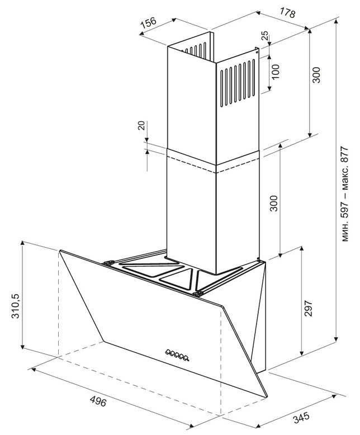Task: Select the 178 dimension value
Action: (x=287, y=12)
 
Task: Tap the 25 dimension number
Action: (x=265, y=36)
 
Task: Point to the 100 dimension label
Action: (x=276, y=72)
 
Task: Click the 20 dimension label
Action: (x=141, y=126)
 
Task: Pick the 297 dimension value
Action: (x=309, y=308)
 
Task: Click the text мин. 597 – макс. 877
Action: (x=344, y=193)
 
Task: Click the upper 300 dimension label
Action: (x=316, y=75)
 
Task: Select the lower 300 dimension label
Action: (x=274, y=204)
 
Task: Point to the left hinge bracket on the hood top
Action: (x=108, y=263)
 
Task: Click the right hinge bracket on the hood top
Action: (x=197, y=294)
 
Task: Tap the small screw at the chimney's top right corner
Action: (x=257, y=51)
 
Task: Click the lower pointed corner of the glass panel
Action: (x=267, y=397)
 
